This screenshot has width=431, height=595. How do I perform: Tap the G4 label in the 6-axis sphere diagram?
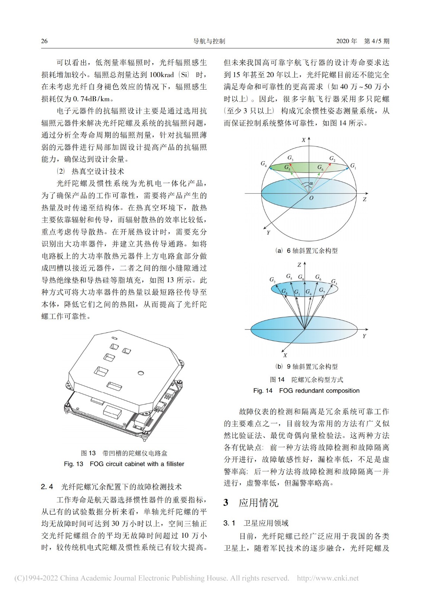click(x=264, y=164)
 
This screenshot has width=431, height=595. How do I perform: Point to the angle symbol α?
click(x=311, y=183)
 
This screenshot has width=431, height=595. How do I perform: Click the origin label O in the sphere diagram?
click(x=311, y=198)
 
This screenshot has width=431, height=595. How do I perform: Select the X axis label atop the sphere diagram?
click(x=303, y=140)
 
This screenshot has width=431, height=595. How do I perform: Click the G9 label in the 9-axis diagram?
click(x=301, y=277)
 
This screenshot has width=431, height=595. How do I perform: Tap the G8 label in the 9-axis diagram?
click(x=284, y=292)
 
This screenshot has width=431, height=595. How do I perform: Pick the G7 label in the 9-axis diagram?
click(x=322, y=290)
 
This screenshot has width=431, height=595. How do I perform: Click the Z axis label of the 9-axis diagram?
click(x=299, y=265)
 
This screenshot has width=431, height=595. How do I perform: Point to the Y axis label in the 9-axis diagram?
click(x=364, y=336)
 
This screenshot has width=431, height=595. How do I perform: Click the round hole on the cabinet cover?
click(x=141, y=373)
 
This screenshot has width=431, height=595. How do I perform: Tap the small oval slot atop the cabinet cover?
click(x=115, y=338)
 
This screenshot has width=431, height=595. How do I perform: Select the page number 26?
click(x=44, y=41)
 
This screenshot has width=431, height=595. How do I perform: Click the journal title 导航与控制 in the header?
click(x=209, y=41)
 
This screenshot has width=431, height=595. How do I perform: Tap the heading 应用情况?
click(x=258, y=503)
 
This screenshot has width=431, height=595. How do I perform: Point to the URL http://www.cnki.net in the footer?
click(x=328, y=578)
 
